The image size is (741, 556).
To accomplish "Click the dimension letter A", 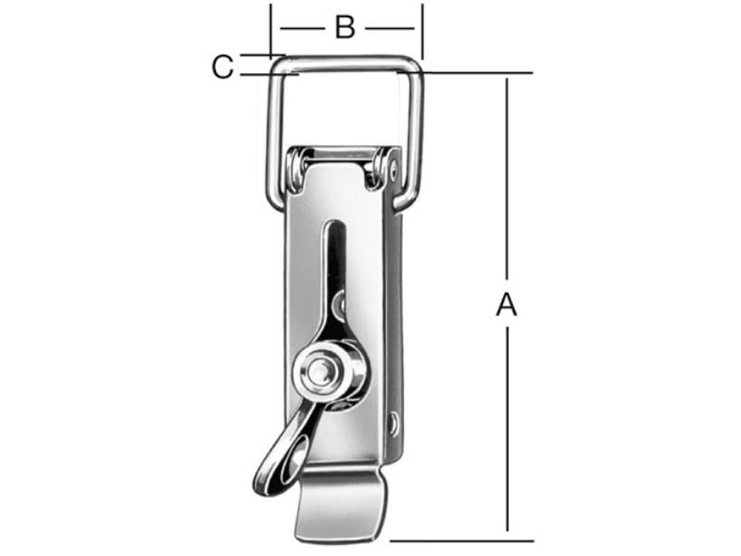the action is coord(507,305).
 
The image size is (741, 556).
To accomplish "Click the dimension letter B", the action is coord(345,27).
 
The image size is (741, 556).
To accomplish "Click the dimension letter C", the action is coord(222,67).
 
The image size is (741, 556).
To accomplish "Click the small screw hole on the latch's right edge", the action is coord(392,423).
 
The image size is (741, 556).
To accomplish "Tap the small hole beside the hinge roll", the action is coord(395,168).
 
